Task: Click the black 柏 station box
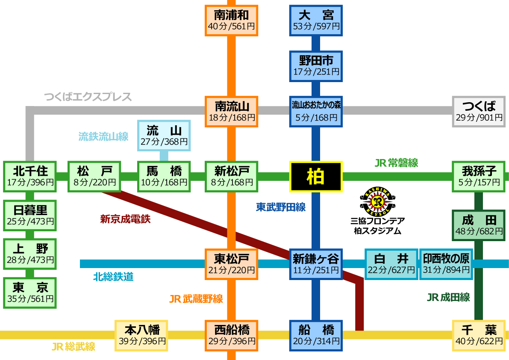[x=316, y=176]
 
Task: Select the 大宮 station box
[x=316, y=20]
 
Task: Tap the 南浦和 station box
[x=231, y=20]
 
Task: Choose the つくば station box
[x=479, y=111]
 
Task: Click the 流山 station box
[x=164, y=135]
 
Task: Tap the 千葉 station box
[x=479, y=335]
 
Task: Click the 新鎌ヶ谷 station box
[x=316, y=264]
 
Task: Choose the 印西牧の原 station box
[x=446, y=264]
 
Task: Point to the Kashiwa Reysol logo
[x=377, y=201]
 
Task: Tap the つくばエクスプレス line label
[x=88, y=97]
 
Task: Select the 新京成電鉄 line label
[x=125, y=219]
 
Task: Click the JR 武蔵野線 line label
[x=196, y=299]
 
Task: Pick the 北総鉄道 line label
[x=113, y=277]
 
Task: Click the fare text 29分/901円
[x=479, y=117]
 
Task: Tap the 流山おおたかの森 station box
[x=316, y=111]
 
